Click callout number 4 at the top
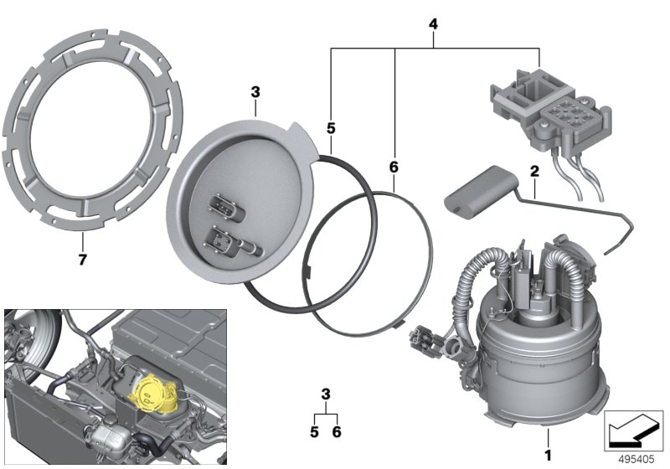tap(433, 24)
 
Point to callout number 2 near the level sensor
tap(532, 171)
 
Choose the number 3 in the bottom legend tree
tap(326, 394)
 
